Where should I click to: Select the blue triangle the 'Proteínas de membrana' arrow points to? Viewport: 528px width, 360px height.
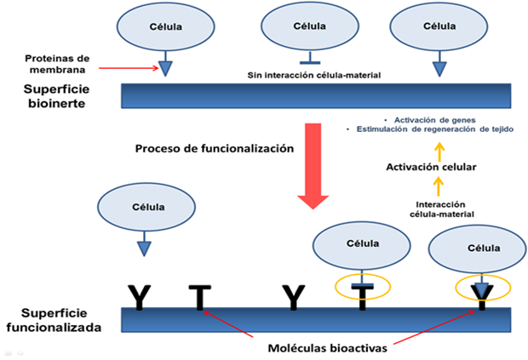tap(165, 66)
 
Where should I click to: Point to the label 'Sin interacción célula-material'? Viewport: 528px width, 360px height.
tap(308, 73)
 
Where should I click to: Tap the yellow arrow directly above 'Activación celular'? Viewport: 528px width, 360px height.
tap(439, 151)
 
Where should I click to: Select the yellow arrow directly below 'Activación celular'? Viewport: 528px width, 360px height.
tap(439, 185)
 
